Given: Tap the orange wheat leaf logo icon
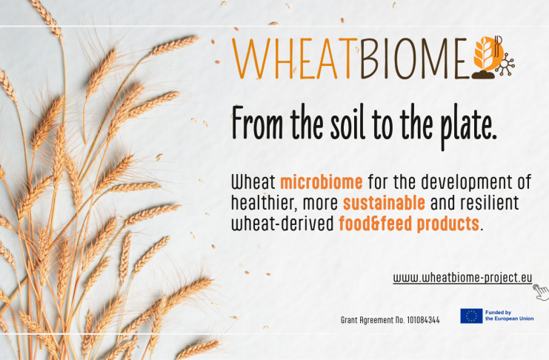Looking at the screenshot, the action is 488,57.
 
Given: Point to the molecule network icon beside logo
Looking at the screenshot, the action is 506,64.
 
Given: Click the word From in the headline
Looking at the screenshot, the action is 257,123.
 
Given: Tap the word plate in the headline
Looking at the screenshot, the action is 468,127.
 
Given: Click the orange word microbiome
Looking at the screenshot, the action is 322,182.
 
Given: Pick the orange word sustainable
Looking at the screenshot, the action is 384,203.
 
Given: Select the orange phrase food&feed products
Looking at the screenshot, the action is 409,224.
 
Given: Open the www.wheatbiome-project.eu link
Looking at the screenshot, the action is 462,278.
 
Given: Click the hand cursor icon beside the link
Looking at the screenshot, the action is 542,292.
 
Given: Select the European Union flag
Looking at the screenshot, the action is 471,316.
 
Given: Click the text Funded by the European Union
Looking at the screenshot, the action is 510,316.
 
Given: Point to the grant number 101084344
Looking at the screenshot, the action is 423,320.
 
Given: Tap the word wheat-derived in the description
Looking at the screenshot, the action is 282,224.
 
